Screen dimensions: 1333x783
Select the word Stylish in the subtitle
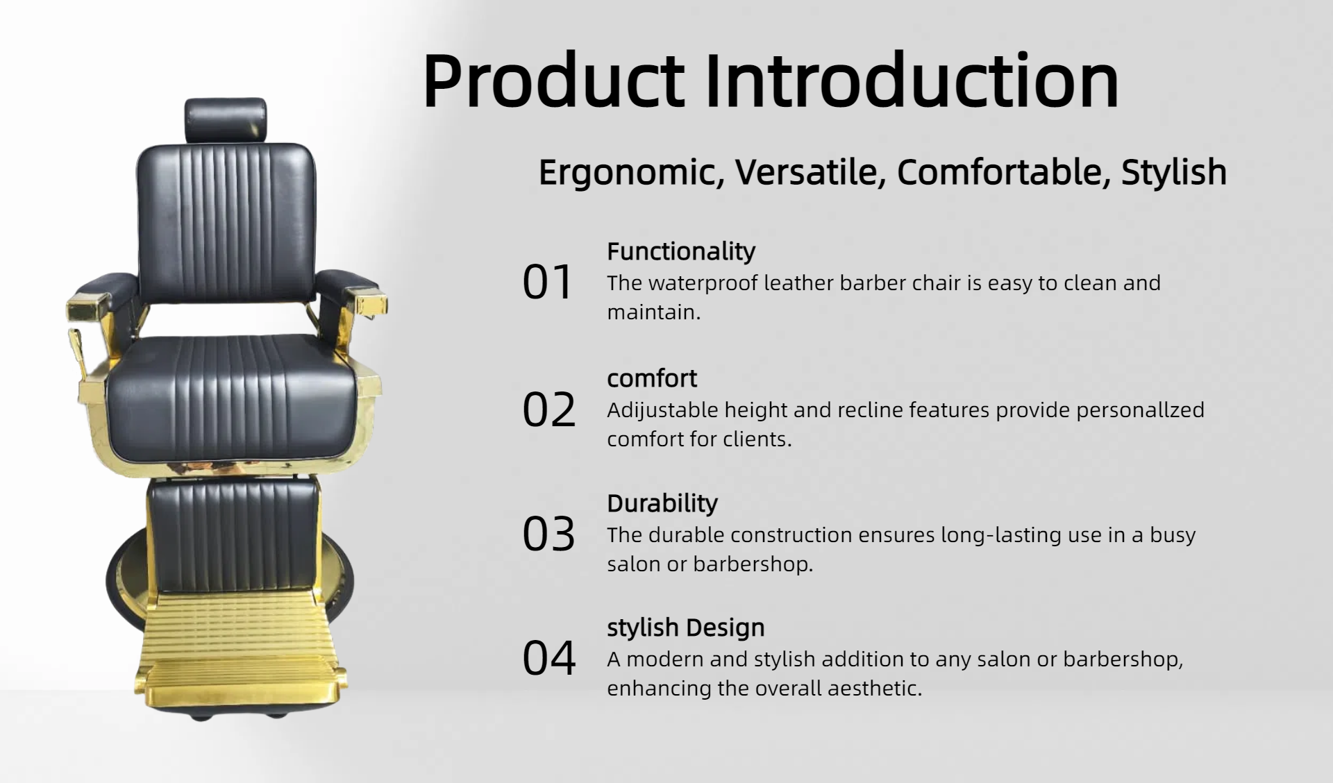pos(1174,172)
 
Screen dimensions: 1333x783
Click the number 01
pos(548,282)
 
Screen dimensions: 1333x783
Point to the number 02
pos(549,410)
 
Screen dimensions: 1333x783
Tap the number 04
pos(549,658)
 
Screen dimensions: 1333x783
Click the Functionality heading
pos(681,251)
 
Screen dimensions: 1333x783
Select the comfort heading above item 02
pos(652,378)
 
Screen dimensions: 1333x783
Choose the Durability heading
pos(662,503)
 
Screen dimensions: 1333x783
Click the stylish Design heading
pos(686,628)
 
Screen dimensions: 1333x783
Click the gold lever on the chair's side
pos(78,354)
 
